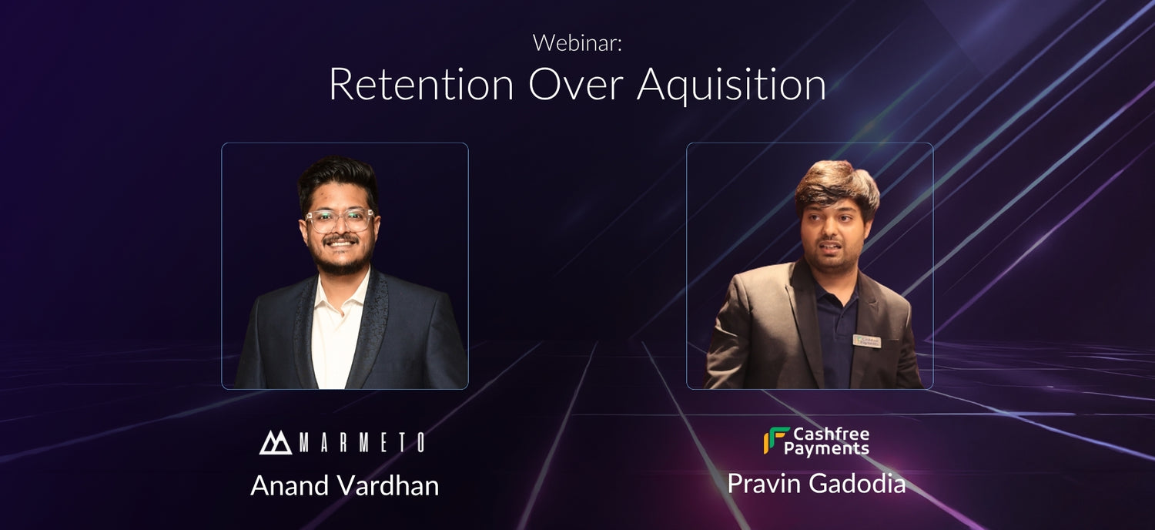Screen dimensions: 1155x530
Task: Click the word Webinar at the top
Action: pyautogui.click(x=577, y=42)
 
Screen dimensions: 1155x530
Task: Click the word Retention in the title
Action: pyautogui.click(x=420, y=85)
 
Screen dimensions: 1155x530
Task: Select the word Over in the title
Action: pyautogui.click(x=576, y=85)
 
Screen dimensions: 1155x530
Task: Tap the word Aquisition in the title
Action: pyautogui.click(x=731, y=86)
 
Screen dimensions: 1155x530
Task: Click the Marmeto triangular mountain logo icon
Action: pyautogui.click(x=276, y=442)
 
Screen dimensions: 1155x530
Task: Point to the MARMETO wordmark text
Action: pyautogui.click(x=362, y=443)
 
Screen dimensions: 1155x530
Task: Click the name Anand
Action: pyautogui.click(x=290, y=485)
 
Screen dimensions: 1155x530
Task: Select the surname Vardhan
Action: pyautogui.click(x=388, y=485)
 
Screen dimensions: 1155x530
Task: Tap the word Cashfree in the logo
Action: pyautogui.click(x=831, y=434)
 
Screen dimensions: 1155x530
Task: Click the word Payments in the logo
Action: pyautogui.click(x=826, y=448)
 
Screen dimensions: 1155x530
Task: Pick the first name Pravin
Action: pyautogui.click(x=764, y=484)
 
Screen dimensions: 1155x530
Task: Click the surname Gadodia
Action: pyautogui.click(x=857, y=484)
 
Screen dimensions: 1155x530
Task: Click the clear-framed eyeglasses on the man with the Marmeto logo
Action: pyautogui.click(x=339, y=220)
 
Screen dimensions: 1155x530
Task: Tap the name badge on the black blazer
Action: pyautogui.click(x=867, y=341)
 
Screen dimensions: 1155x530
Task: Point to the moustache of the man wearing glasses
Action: pyautogui.click(x=340, y=239)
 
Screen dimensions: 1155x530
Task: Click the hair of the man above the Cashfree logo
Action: pyautogui.click(x=836, y=186)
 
